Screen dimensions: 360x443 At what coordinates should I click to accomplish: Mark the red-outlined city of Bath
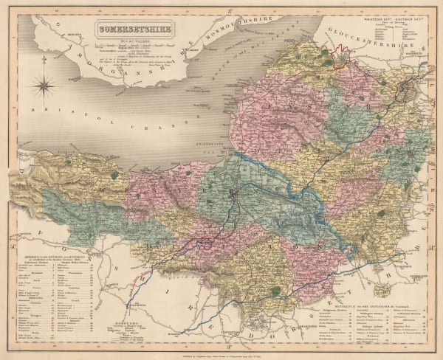click(405, 91)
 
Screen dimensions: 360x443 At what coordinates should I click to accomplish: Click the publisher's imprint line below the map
click(221, 353)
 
